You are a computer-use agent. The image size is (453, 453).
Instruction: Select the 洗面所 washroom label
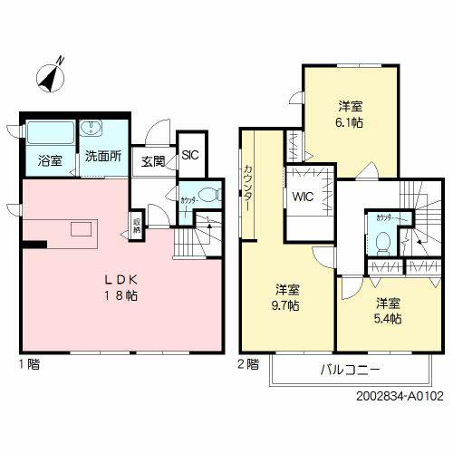102,156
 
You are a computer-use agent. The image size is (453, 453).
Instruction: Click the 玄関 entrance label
153,161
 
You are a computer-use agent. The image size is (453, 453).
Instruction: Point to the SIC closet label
190,155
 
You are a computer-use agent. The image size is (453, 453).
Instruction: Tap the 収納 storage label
137,223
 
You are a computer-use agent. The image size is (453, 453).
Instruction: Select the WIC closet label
304,200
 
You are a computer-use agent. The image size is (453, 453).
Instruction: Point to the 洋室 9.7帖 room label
289,298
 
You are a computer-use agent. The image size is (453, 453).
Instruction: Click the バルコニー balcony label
349,370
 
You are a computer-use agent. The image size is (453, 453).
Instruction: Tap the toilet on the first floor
207,193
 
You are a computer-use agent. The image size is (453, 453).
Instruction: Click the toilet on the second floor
383,241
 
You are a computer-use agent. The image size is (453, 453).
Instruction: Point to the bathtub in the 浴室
49,132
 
